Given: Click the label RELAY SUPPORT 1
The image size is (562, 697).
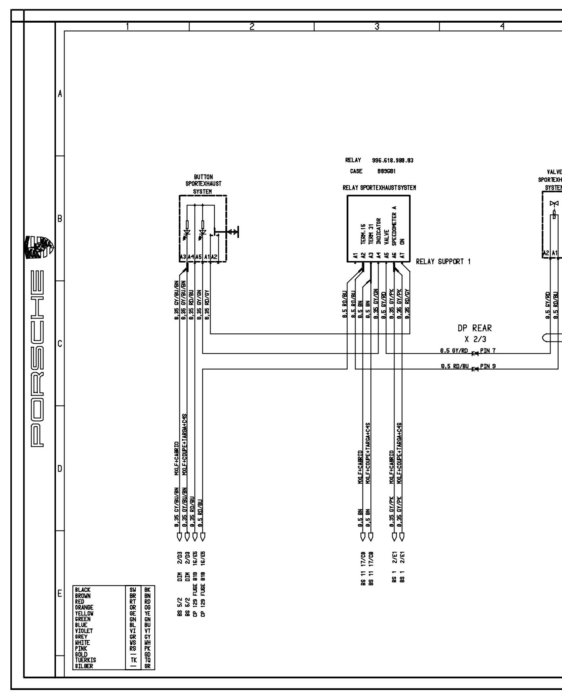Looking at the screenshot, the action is tap(443, 262).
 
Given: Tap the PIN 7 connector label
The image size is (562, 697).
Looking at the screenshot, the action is tap(488, 351).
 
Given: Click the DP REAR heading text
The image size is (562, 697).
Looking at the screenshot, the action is tap(475, 328).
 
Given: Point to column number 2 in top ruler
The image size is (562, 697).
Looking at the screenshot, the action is tap(252, 26).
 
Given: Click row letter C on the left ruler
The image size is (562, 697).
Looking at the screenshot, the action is tap(59, 344).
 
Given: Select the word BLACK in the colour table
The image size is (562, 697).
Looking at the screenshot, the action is tap(83, 589).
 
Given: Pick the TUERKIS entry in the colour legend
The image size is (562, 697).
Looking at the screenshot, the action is tap(85, 660).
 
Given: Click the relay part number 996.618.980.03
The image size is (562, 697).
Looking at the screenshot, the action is tap(392, 161).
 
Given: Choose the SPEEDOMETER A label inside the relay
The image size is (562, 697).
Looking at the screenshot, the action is tap(394, 226).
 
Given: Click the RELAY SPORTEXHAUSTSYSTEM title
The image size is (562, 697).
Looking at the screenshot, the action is tap(379, 188).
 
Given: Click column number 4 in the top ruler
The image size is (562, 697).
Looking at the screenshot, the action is tap(502, 26).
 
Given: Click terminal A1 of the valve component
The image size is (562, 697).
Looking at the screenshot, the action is tap(555, 253).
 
